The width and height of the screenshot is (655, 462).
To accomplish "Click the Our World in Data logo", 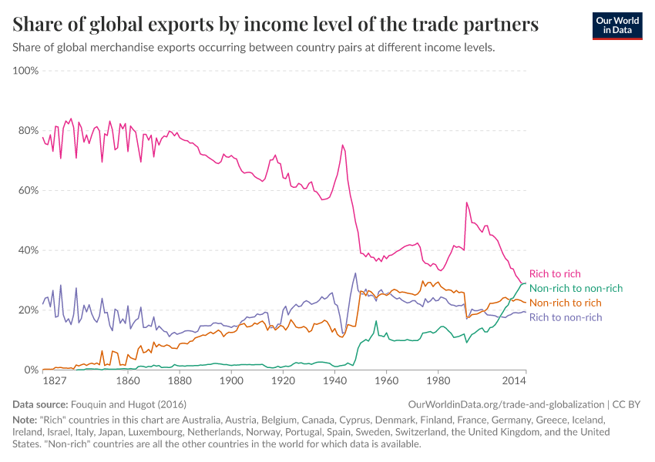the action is click(617, 26).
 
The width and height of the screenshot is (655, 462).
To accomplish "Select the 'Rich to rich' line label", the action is click(555, 274).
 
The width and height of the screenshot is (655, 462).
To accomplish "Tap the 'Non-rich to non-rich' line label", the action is click(576, 289).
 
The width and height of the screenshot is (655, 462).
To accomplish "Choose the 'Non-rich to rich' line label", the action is click(565, 303).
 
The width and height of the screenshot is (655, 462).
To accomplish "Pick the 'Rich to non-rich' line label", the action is click(566, 317).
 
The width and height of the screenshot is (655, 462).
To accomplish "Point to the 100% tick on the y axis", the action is click(25, 71).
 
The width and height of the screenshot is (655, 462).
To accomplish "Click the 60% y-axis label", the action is click(28, 191).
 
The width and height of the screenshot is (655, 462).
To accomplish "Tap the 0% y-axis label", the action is click(31, 370).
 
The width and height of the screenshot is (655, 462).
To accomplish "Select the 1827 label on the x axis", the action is click(55, 380).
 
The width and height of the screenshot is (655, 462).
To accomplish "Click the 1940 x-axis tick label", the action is click(335, 380).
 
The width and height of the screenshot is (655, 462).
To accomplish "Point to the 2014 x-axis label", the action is click(514, 380).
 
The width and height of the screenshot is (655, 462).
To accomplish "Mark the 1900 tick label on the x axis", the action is click(231, 380).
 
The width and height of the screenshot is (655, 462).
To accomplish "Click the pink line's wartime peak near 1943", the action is click(343, 146).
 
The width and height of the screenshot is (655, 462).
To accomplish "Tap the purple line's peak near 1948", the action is click(355, 273).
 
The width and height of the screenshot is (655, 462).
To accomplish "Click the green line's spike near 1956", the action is click(376, 321).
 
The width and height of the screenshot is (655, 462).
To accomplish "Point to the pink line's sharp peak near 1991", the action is click(467, 203).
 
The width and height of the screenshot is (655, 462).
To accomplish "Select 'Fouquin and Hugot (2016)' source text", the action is click(129, 404).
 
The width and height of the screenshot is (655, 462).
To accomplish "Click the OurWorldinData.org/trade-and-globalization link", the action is click(506, 404).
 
